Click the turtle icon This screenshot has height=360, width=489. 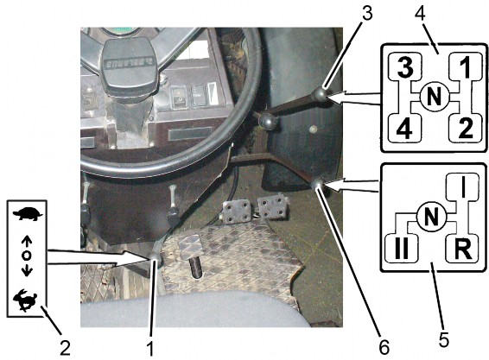pos(28,214)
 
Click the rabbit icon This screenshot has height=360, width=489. pos(26,300)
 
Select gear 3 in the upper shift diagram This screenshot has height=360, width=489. pos(405,67)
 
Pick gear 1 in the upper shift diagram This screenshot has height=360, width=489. pos(465,67)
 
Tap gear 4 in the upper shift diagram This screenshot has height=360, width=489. pos(404,128)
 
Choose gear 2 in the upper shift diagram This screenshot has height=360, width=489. pos(466,128)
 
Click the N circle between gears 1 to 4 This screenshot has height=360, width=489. pos(435,97)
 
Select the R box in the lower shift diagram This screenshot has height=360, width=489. pos(462,249)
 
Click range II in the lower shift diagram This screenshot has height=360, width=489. pos(402,249)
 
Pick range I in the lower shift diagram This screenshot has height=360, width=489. pos(462,187)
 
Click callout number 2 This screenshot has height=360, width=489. pos(65,348)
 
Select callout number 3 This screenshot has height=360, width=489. pos(367,14)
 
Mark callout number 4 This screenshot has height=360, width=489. pos(421,12)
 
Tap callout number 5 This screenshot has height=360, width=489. pos(443,339)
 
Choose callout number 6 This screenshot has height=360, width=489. pos(384,346)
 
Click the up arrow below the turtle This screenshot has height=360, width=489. pos(27,243)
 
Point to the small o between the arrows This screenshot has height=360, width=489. pos(27,256)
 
